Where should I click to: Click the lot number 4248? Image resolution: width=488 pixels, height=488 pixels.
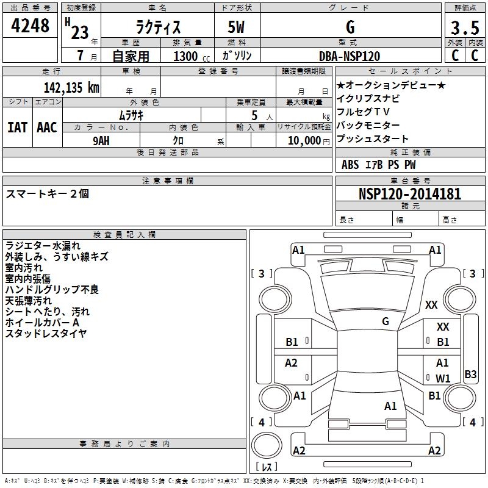[31, 27]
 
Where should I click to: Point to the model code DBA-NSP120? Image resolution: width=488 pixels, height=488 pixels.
[350, 56]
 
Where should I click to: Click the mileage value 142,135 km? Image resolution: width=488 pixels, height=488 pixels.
[71, 87]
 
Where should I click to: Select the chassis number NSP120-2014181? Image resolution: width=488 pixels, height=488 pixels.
[410, 194]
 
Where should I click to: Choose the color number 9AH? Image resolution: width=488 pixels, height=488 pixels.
[101, 140]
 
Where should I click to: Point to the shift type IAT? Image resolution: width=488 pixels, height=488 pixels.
[17, 127]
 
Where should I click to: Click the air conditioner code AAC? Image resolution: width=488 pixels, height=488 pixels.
[47, 127]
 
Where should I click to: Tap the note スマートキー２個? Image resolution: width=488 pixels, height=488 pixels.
[48, 193]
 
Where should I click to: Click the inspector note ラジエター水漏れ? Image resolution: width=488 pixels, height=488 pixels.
[43, 245]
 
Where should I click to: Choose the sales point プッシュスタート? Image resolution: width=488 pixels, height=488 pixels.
[373, 138]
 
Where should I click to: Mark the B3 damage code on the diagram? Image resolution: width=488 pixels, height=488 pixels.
[470, 375]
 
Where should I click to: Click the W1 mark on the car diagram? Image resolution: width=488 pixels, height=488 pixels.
[443, 378]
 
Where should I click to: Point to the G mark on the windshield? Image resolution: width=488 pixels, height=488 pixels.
[386, 321]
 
